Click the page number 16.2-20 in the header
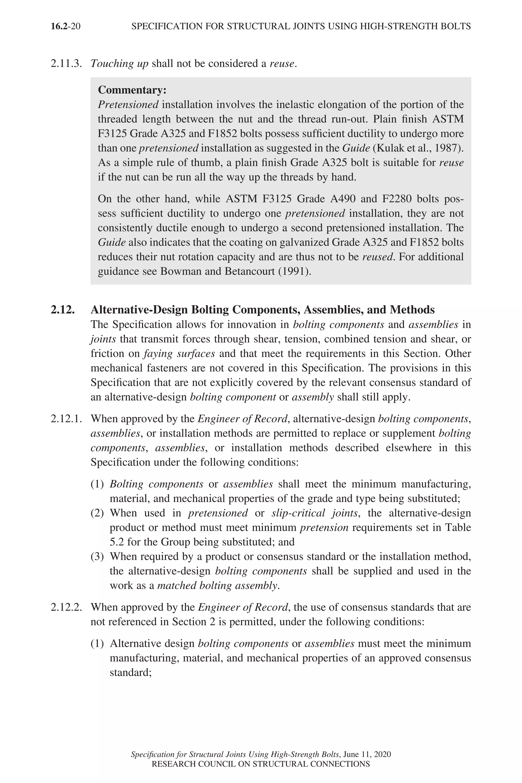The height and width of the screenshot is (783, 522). pos(66,26)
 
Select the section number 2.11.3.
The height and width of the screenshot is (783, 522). pos(66,63)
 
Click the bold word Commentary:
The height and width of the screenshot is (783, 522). pos(132,90)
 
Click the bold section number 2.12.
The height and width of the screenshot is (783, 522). pos(63,310)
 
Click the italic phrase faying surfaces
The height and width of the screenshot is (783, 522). pos(179,354)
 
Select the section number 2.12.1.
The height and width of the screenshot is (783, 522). pos(66,419)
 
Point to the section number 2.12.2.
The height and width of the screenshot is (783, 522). pos(66,607)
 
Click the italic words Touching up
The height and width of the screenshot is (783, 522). pos(120,63)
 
